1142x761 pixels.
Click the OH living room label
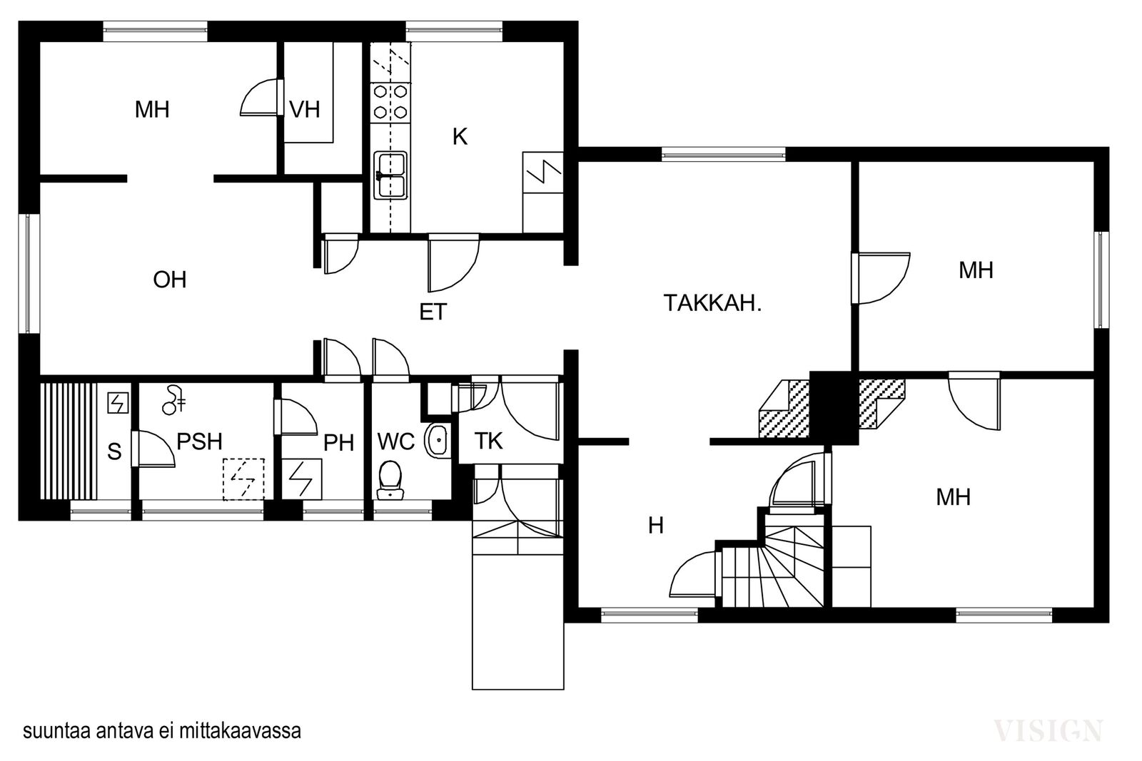pos(170,280)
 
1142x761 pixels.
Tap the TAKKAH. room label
pos(712,303)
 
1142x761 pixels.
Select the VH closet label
pos(304,110)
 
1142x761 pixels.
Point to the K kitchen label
pos(460,136)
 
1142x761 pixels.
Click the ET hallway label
pos(433,312)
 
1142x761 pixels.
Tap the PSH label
pos(199,441)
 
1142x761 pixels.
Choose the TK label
pos(488,441)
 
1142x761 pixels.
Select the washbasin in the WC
pos(437,440)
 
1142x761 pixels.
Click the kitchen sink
pos(390,175)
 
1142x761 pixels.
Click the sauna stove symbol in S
pos(118,403)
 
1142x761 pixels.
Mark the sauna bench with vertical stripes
pos(69,441)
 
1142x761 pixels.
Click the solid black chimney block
pos(834,407)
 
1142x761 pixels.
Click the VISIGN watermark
pos(1048,730)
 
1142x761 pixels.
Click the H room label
pos(656,525)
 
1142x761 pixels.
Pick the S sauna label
pos(115,451)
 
